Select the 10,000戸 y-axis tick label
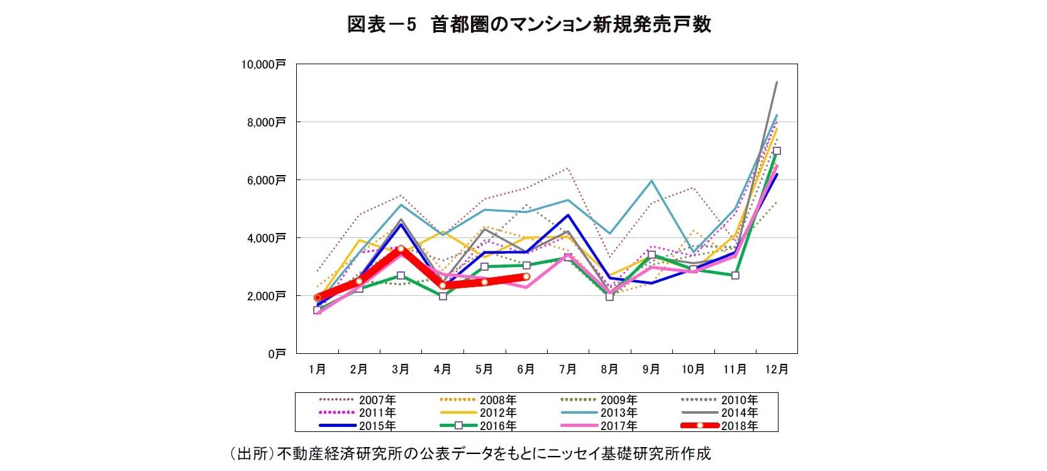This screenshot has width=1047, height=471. click(263, 64)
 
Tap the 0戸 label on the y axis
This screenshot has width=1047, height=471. click(277, 354)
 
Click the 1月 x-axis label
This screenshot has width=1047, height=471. click(317, 370)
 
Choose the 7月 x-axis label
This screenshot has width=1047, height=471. click(568, 370)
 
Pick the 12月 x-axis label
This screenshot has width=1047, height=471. click(777, 370)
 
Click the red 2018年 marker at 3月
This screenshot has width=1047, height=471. click(401, 249)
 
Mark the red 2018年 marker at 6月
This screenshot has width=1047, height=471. click(526, 276)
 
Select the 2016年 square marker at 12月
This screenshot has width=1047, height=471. click(777, 151)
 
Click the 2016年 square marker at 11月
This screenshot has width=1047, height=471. click(735, 275)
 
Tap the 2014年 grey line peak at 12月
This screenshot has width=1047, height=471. click(777, 82)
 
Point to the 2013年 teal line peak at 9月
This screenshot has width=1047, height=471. click(651, 181)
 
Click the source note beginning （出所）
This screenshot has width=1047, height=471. click(470, 453)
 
